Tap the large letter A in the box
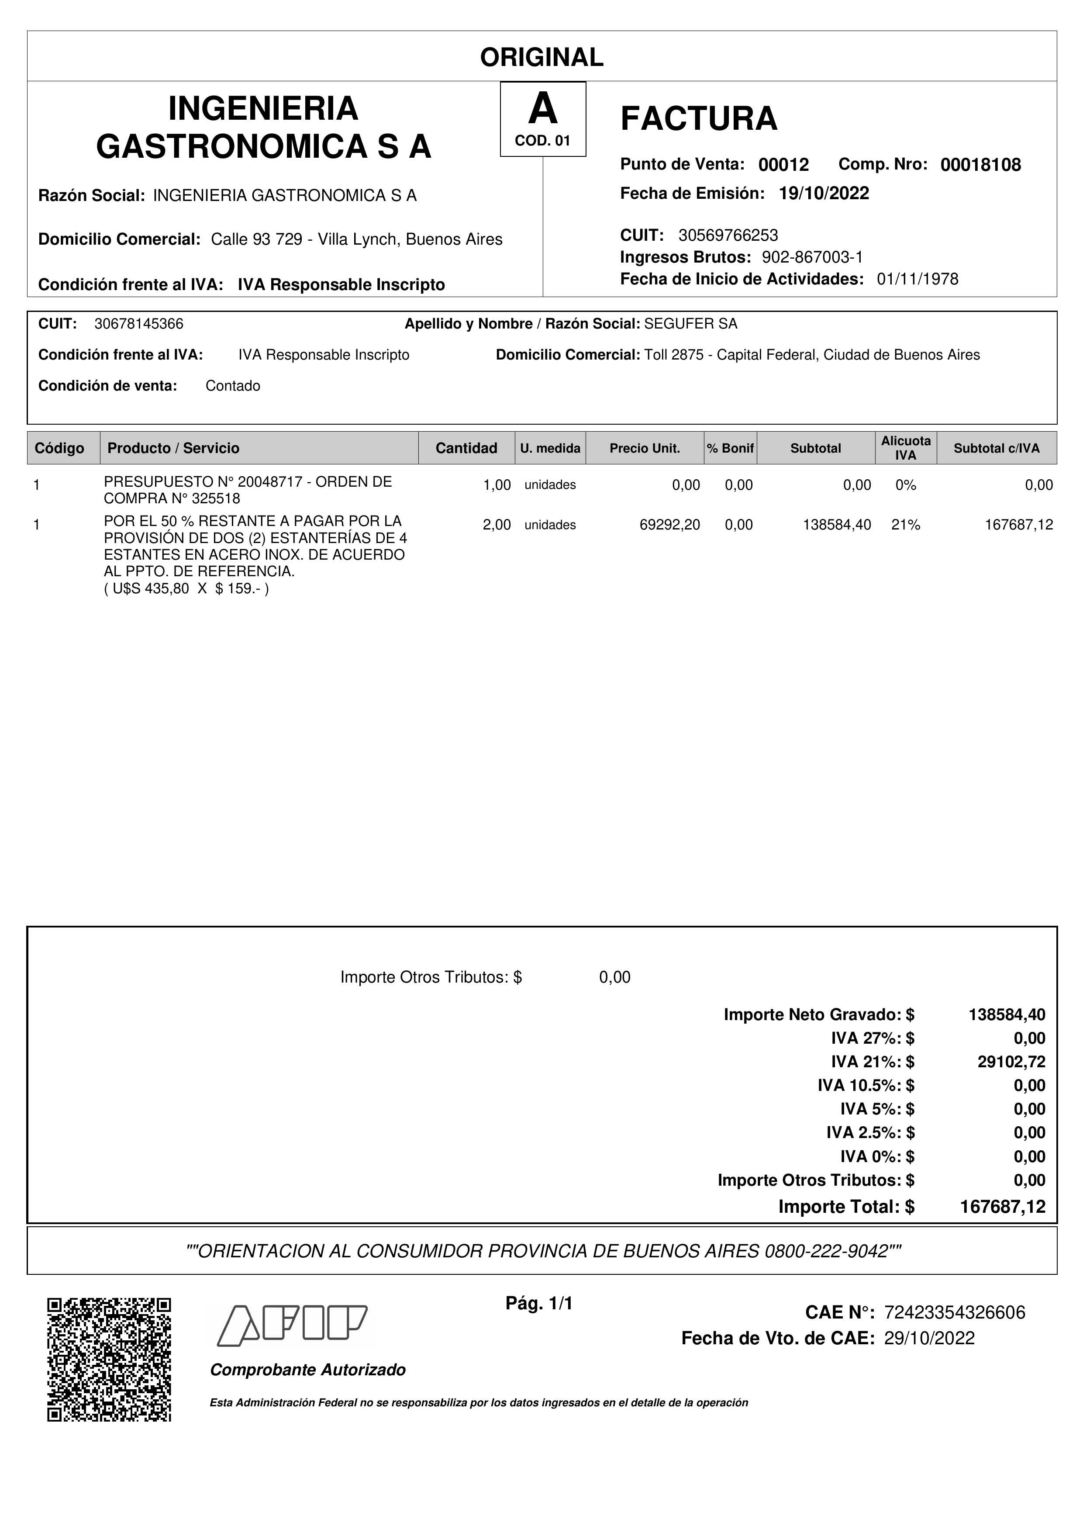click(x=542, y=109)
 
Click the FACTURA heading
click(x=699, y=119)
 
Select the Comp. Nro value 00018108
click(x=980, y=165)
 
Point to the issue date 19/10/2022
click(x=824, y=194)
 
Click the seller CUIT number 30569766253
click(x=728, y=235)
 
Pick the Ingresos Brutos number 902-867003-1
click(x=812, y=257)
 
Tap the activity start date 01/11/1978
click(x=917, y=279)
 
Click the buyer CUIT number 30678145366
click(x=139, y=324)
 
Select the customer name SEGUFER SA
click(x=691, y=324)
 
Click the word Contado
click(x=233, y=386)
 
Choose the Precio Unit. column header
click(x=645, y=448)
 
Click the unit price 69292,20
click(x=670, y=525)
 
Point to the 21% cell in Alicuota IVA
click(x=906, y=525)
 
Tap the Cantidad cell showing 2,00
click(x=497, y=525)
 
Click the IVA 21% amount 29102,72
click(x=1012, y=1062)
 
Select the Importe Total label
click(x=839, y=1207)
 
